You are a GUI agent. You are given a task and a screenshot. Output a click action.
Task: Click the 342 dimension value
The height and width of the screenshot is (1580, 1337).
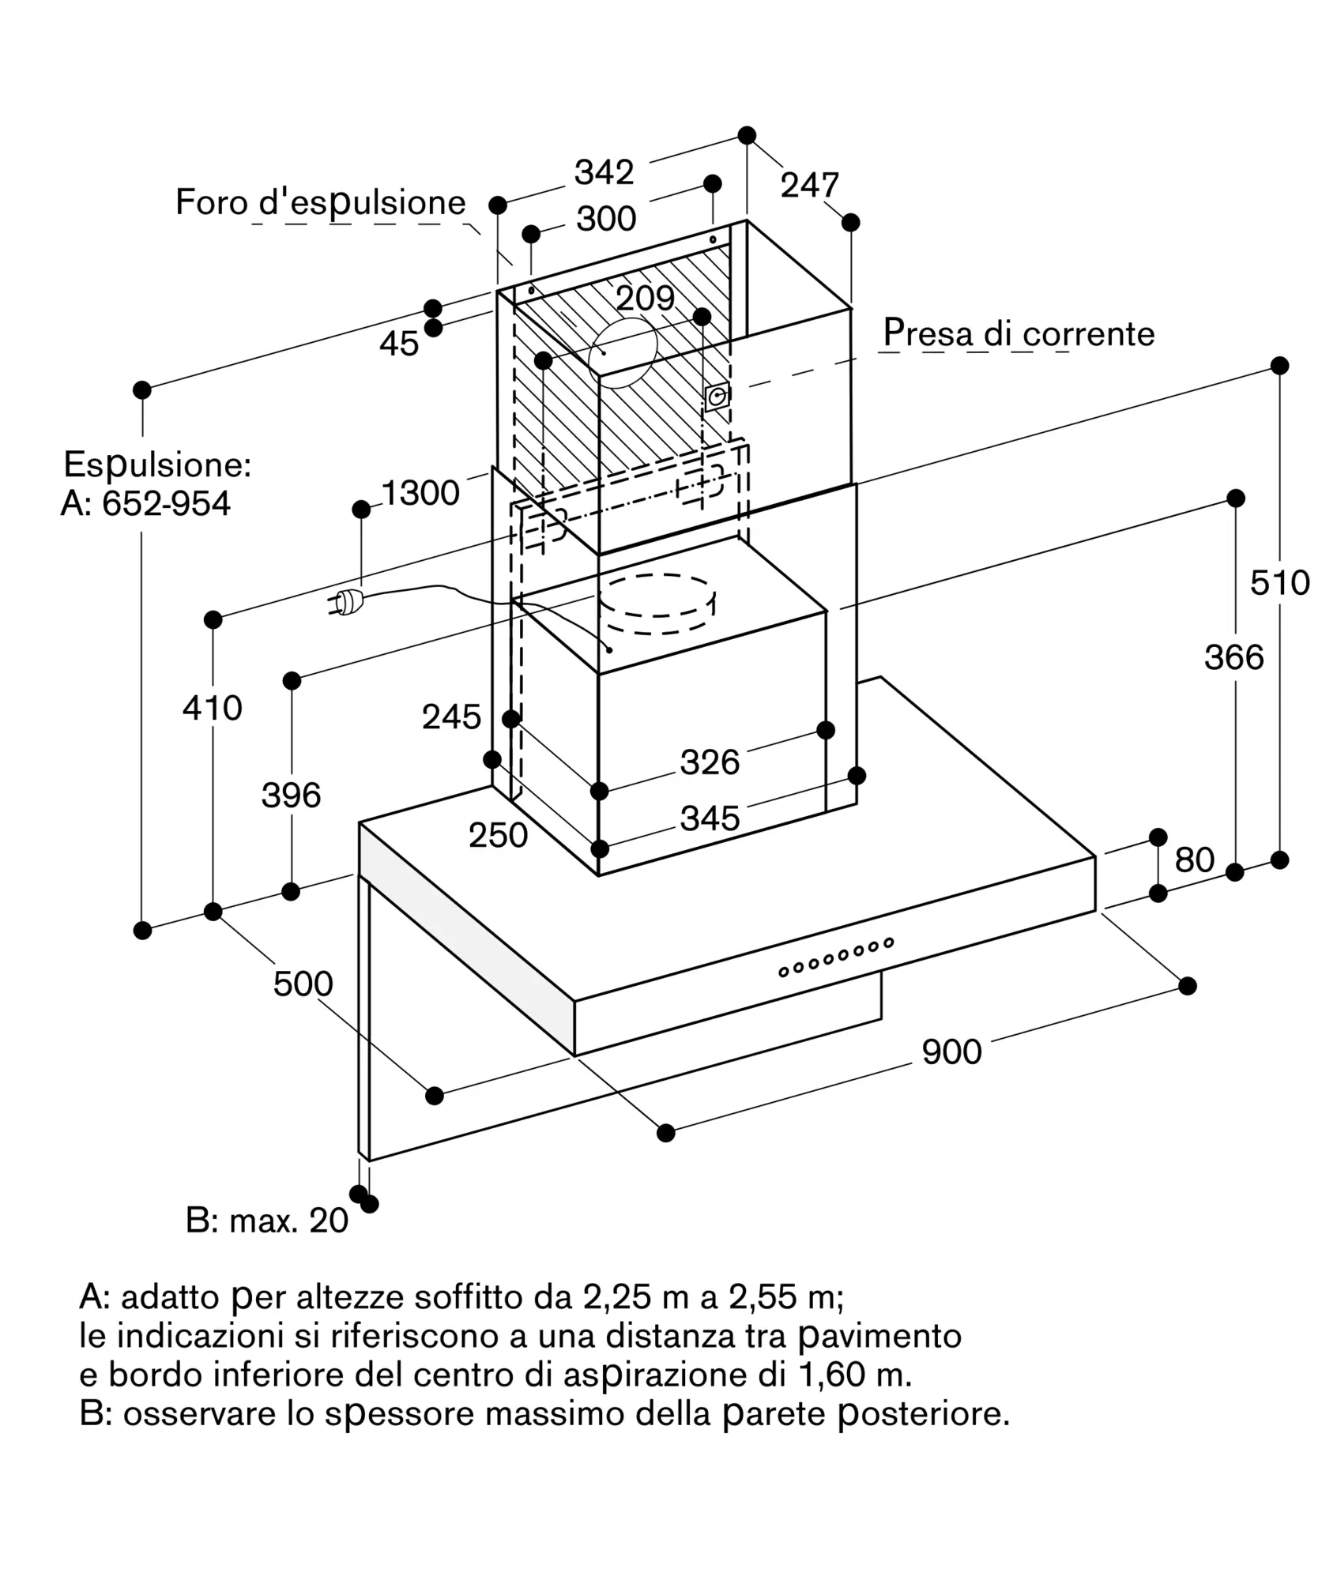click(x=604, y=172)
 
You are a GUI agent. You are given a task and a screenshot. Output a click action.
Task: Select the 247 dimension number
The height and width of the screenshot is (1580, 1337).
click(x=809, y=186)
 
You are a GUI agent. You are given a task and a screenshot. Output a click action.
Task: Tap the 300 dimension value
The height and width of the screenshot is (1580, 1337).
click(x=606, y=219)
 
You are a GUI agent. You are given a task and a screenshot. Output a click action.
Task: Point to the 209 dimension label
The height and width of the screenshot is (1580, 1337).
click(x=645, y=299)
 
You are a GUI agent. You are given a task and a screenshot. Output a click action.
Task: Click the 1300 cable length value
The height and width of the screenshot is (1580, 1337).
click(x=420, y=493)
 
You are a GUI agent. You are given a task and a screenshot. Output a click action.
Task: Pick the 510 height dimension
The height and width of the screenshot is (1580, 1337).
click(x=1279, y=583)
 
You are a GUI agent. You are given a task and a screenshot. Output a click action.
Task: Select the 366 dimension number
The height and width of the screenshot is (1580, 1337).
click(x=1233, y=657)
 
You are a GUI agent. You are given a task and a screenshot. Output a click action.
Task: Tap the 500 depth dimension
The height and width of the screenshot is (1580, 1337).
click(x=303, y=984)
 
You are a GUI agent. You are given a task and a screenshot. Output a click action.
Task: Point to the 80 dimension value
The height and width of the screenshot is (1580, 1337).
click(x=1194, y=860)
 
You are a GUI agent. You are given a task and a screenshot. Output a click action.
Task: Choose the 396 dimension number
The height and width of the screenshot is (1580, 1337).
click(x=291, y=796)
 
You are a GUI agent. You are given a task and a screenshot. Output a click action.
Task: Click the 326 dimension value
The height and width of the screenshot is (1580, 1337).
click(x=710, y=763)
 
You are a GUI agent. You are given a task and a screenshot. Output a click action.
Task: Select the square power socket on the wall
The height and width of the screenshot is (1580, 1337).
click(x=717, y=397)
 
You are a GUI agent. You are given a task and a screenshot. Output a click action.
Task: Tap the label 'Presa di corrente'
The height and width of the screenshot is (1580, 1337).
click(x=1019, y=333)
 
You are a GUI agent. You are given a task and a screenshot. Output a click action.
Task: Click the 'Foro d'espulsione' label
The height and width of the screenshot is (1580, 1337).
click(x=320, y=203)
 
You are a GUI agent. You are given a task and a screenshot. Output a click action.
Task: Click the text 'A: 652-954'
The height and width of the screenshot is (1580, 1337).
click(x=146, y=504)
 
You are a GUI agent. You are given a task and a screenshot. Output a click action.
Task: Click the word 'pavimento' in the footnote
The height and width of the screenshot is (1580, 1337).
click(x=879, y=1336)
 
